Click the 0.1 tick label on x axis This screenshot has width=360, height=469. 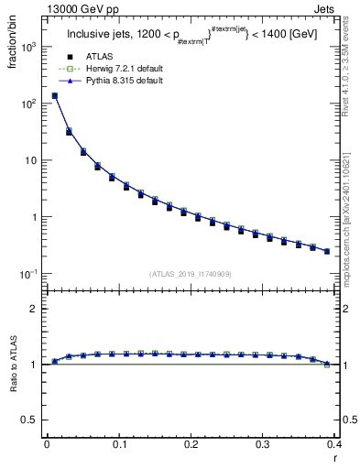[x=118, y=444]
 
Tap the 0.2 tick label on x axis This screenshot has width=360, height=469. [x=191, y=444]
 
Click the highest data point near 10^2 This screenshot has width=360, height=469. [x=55, y=95]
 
